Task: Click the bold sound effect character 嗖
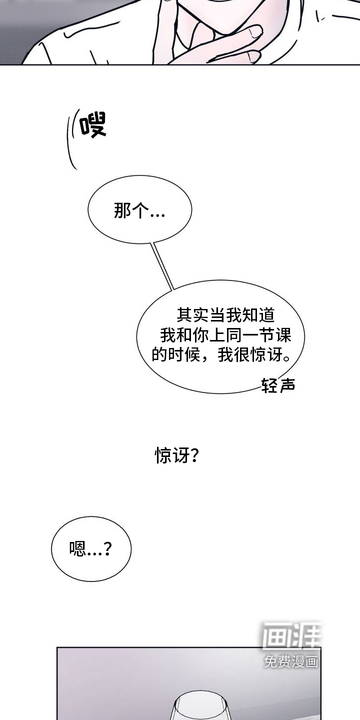93,125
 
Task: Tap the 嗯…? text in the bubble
90,549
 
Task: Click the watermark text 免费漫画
291,661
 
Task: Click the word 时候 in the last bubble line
184,354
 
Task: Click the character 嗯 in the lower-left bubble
77,549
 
